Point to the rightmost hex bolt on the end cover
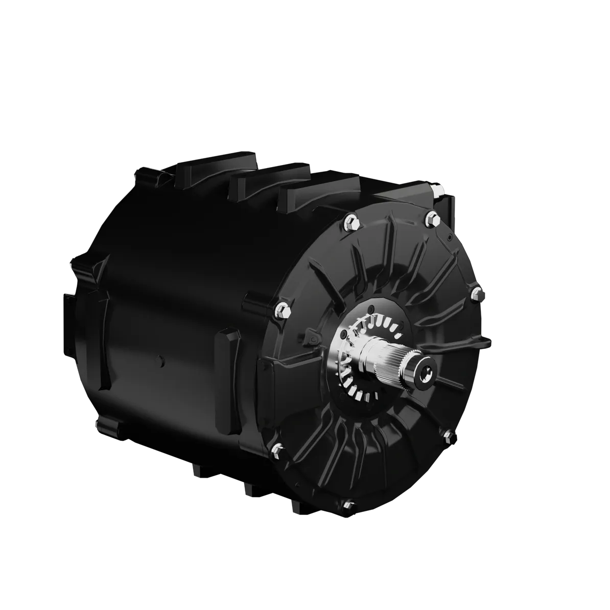pos(475,292)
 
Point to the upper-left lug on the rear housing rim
pos(151,174)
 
